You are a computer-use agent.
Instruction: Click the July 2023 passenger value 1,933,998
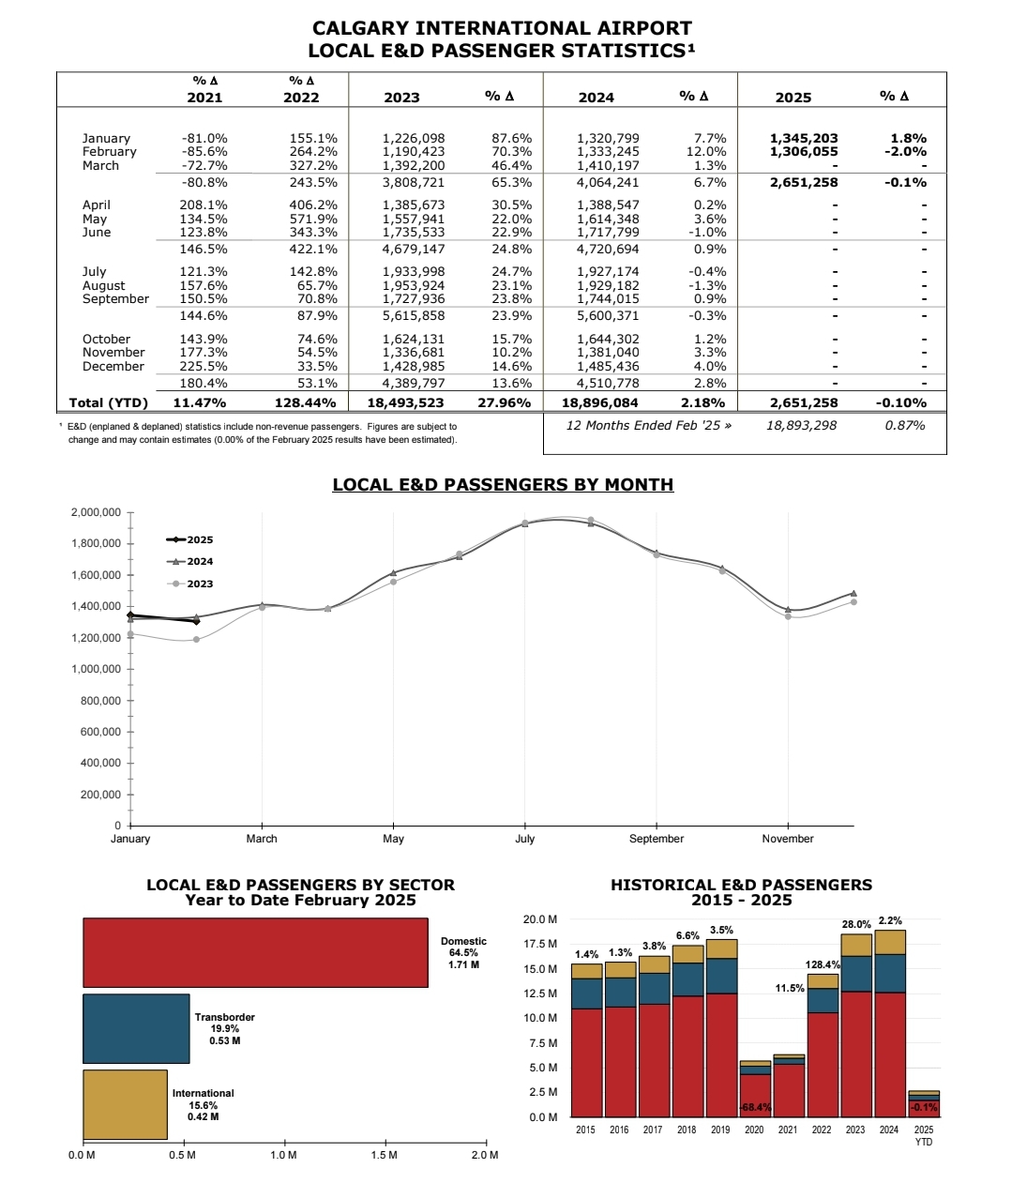tap(414, 272)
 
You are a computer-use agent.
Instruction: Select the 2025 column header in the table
tap(793, 98)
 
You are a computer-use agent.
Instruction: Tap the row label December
tap(113, 367)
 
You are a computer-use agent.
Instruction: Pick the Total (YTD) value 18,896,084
tap(600, 403)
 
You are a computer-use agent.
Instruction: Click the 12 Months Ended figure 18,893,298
tap(802, 426)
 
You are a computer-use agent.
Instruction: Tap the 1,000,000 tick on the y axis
tap(96, 670)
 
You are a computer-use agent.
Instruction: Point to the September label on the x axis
tap(657, 839)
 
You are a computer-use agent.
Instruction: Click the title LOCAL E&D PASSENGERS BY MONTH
tap(503, 485)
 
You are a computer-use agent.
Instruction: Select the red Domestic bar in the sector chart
tap(255, 953)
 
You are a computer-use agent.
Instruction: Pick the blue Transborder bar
tap(136, 1028)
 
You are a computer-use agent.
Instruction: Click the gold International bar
tap(125, 1104)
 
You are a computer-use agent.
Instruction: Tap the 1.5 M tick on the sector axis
tap(385, 1155)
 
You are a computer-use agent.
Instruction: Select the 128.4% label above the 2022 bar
tap(823, 964)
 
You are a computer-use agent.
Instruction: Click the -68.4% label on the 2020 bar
tap(755, 1107)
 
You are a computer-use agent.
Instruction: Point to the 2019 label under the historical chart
tap(720, 1130)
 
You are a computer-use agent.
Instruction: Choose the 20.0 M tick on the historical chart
tap(540, 919)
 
